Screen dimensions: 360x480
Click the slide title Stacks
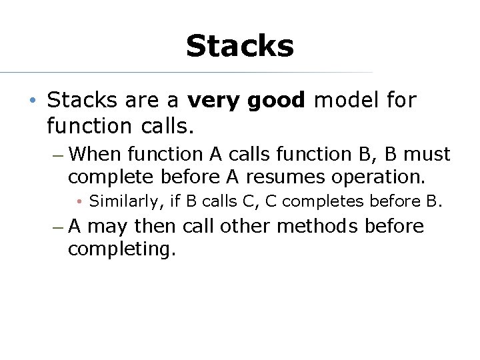239,47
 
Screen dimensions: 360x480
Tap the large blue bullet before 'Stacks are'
33,101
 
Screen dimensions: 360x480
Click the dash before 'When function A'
58,155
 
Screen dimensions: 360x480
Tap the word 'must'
427,155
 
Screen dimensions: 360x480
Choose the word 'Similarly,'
125,201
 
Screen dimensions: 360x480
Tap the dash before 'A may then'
58,227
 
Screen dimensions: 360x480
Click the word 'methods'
318,227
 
